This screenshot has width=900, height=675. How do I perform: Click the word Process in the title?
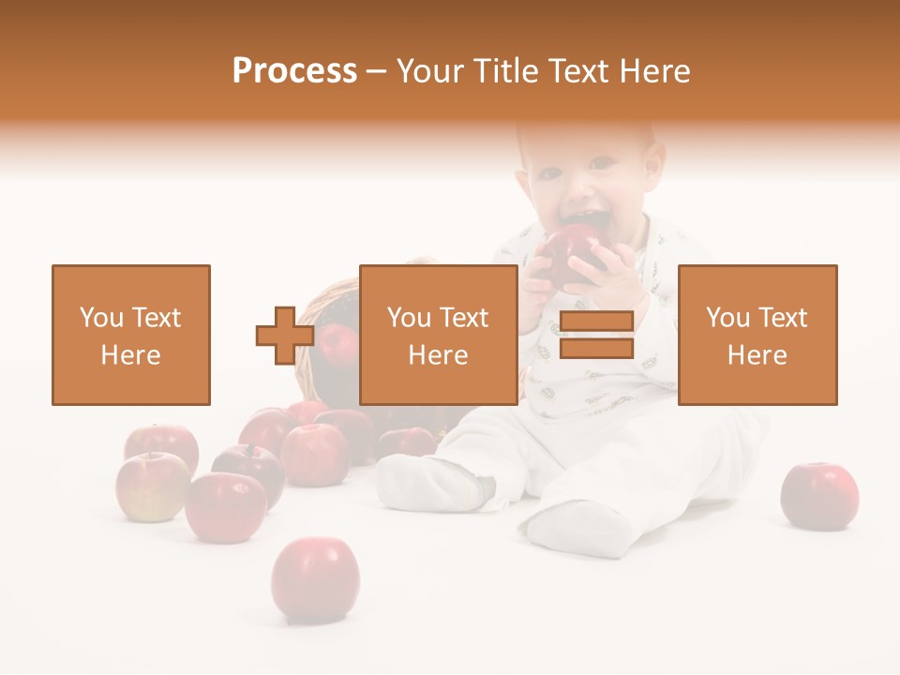(x=294, y=71)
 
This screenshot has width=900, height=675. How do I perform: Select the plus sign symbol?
(x=285, y=336)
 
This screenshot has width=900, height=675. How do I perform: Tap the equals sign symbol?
(x=596, y=336)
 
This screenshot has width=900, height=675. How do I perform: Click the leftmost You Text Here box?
(x=130, y=335)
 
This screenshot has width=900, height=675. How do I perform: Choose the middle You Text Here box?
(x=438, y=335)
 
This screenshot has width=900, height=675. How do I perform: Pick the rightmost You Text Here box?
(x=757, y=335)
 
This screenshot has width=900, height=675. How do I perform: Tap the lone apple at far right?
(x=819, y=495)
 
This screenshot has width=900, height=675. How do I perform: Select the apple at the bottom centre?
(x=315, y=578)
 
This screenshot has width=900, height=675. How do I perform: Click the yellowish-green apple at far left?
(x=150, y=486)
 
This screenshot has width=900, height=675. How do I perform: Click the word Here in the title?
(x=653, y=71)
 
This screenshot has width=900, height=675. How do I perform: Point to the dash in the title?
(x=376, y=71)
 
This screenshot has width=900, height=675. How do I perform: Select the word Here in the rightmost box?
(x=757, y=355)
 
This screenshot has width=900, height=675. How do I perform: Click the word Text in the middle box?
(x=464, y=318)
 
